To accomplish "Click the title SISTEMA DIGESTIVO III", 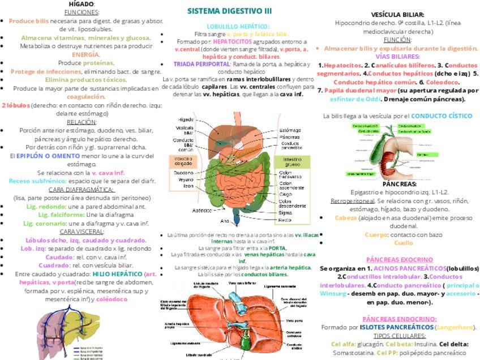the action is pos(229,11).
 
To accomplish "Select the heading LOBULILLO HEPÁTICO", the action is pos(238,26).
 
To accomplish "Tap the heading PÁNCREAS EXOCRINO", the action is pos(399,260).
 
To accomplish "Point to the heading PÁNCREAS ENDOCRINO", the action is pos(399,319).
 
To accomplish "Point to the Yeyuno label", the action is pos(186,179).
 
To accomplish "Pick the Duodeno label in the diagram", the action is pos(184,172).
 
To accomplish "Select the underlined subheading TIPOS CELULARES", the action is pos(399,335).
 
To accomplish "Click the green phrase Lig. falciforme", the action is pos(61,215).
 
